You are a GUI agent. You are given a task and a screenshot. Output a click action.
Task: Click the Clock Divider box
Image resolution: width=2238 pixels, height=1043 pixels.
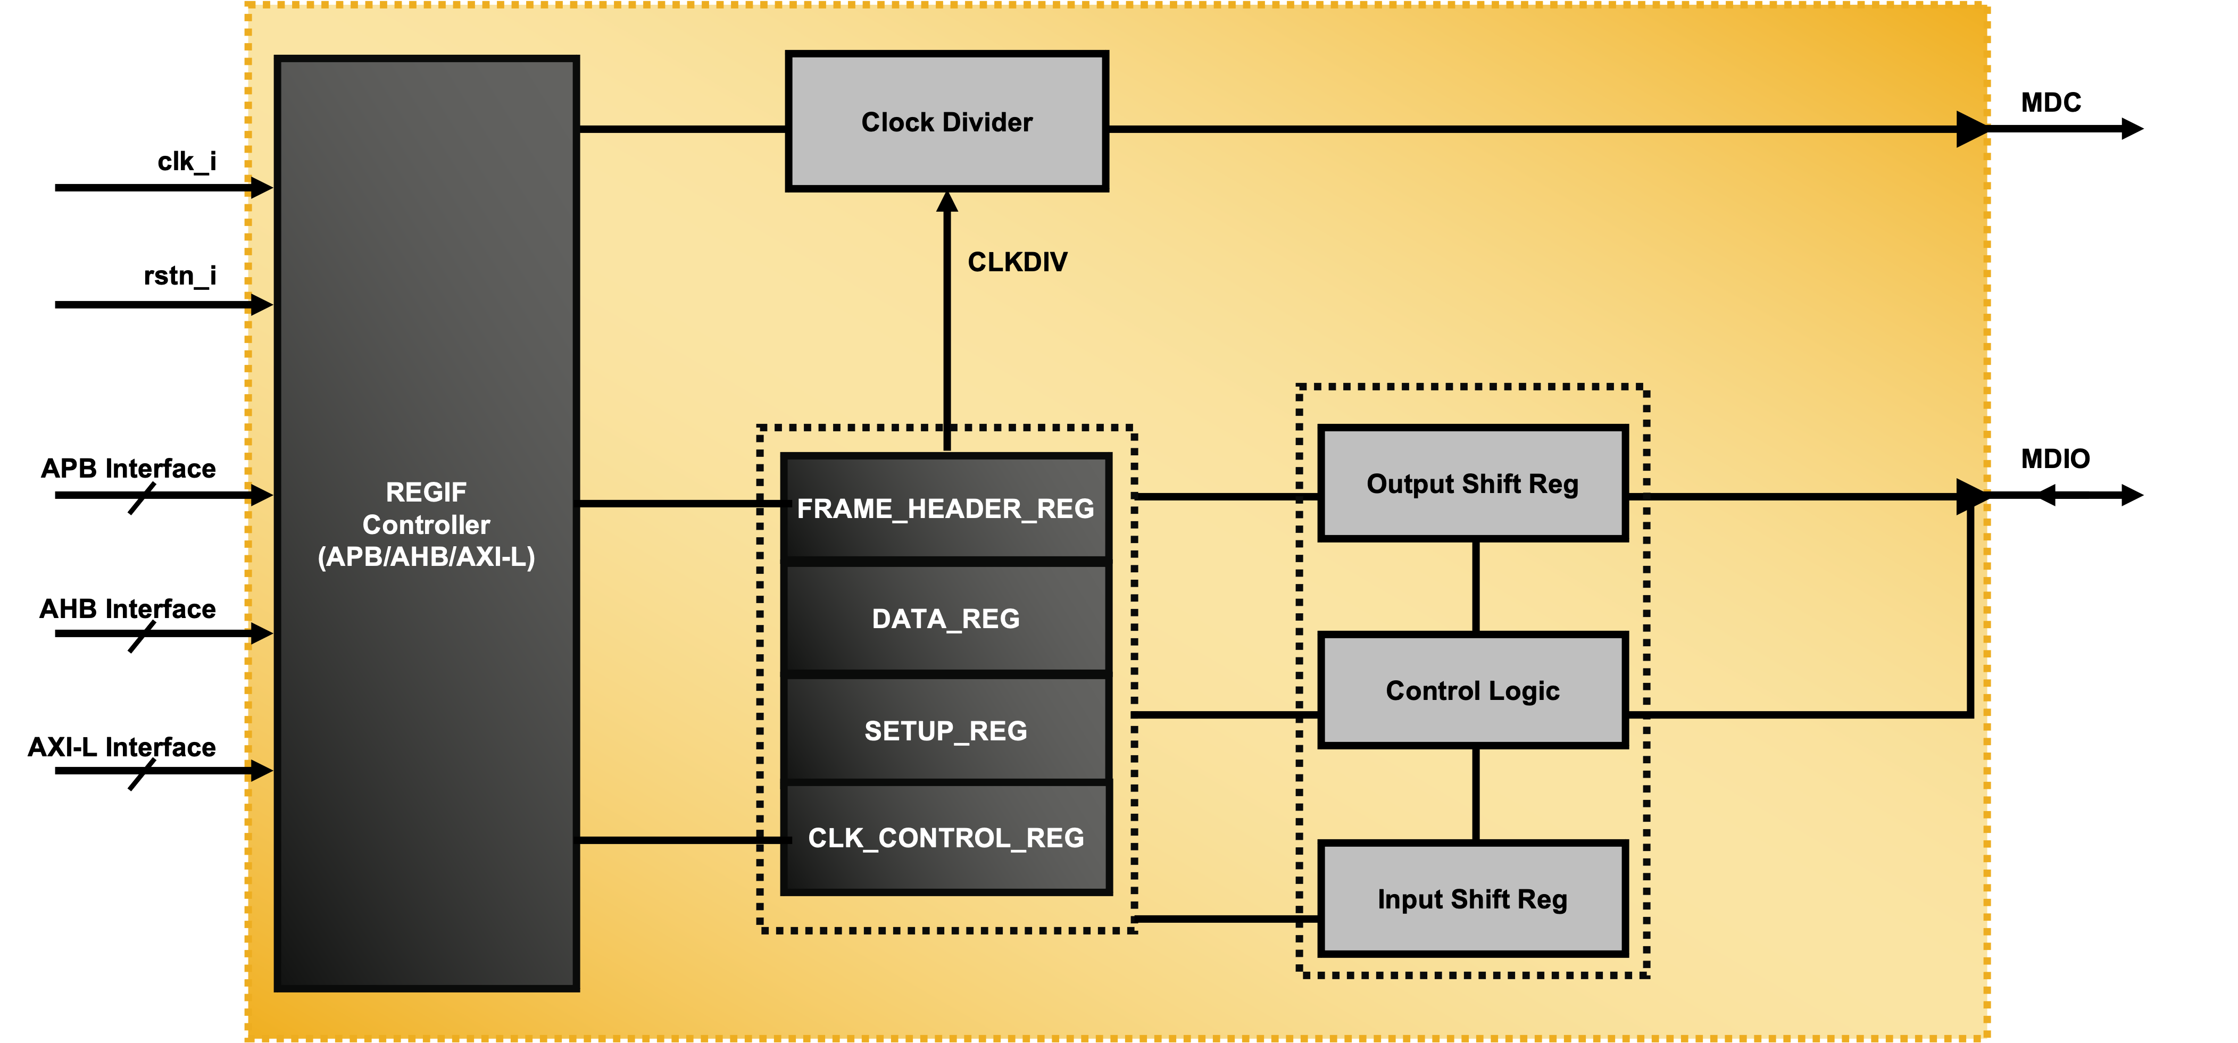click(946, 122)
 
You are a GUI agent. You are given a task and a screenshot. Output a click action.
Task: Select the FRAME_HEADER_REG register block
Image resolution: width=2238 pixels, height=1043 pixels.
click(945, 508)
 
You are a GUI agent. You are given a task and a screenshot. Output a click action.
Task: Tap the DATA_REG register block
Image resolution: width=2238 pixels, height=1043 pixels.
click(945, 619)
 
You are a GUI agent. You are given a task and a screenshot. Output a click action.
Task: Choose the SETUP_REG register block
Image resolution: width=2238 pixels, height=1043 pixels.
click(945, 730)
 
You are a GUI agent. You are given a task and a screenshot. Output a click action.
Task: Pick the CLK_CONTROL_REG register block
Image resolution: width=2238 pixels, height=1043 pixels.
click(945, 837)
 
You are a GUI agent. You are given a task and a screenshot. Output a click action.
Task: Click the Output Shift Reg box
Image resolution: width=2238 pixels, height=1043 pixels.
click(1472, 483)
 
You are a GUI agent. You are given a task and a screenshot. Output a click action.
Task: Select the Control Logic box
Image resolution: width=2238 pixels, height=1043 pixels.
click(1472, 690)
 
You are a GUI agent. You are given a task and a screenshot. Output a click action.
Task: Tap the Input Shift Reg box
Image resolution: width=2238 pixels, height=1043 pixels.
click(1472, 899)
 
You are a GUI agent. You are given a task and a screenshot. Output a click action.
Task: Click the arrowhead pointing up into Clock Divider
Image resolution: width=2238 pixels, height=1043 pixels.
click(947, 202)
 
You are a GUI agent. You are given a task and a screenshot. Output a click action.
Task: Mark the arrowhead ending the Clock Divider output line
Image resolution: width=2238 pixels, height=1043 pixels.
click(1970, 129)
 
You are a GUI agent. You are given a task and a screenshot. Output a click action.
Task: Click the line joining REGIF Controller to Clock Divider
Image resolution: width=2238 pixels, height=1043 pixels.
click(682, 129)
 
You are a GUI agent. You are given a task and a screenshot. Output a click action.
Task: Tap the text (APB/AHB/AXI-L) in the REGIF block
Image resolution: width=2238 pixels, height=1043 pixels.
click(426, 557)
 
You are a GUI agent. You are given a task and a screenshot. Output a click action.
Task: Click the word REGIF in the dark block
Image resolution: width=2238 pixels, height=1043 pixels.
click(426, 493)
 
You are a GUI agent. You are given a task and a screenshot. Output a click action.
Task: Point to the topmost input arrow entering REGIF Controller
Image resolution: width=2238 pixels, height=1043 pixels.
click(260, 187)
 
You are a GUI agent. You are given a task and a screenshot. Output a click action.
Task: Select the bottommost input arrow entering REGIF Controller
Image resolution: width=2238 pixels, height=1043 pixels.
click(260, 770)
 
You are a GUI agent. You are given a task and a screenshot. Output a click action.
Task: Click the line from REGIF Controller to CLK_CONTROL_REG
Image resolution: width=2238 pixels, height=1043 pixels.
click(682, 840)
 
